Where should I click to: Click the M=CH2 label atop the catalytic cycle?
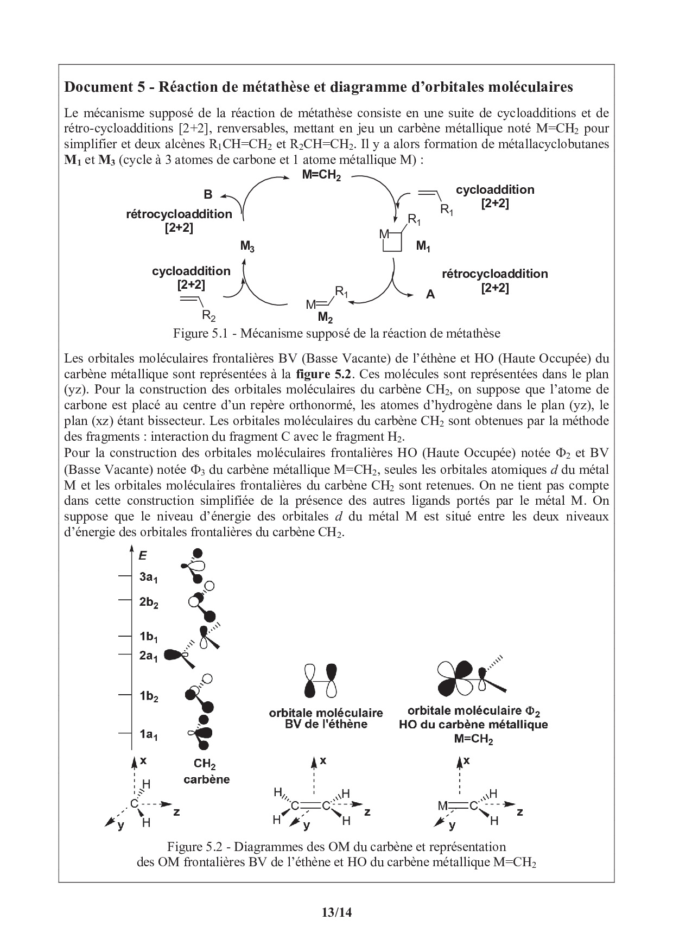tap(321, 175)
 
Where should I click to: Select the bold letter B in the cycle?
tap(208, 194)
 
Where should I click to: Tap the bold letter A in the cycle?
tap(430, 295)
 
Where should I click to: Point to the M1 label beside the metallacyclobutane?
tap(423, 246)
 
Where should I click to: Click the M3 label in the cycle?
tap(247, 247)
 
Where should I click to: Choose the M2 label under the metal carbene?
tap(325, 317)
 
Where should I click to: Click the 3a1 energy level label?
tap(148, 577)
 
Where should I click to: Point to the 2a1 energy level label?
tap(148, 656)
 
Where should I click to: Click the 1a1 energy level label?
tap(148, 735)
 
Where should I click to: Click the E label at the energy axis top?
tap(143, 555)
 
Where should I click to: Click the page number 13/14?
tap(336, 912)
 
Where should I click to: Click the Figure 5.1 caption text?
tap(336, 333)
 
